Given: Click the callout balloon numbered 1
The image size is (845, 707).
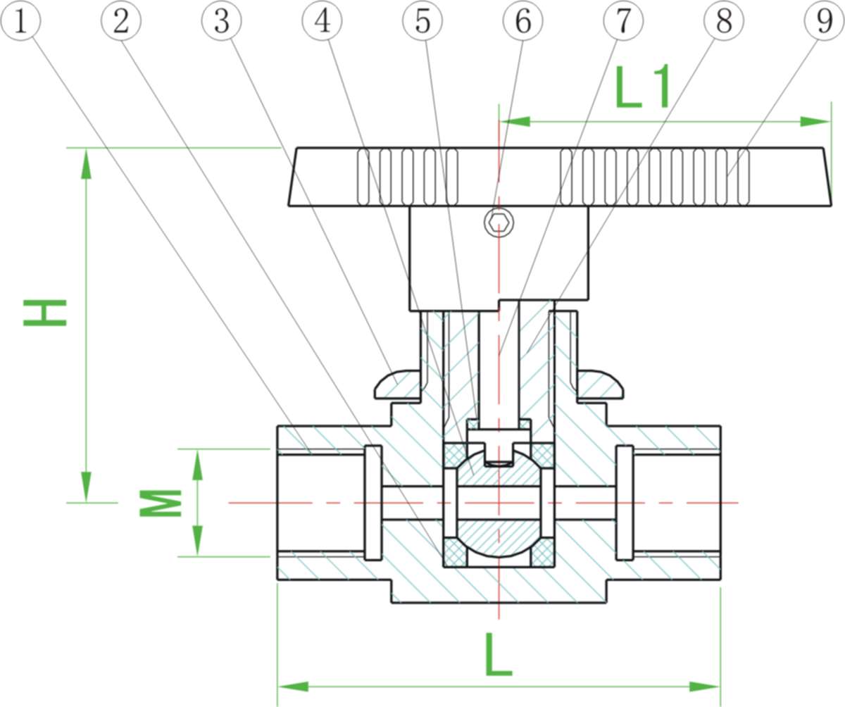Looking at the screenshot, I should coord(21,21).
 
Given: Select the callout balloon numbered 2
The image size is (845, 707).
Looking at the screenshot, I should coord(121,21).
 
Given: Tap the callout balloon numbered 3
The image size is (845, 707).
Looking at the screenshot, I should coord(222,21).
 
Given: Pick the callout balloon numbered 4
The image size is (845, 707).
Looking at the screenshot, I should coord(322,21).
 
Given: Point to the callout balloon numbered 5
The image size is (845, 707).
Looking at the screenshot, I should coord(423,21).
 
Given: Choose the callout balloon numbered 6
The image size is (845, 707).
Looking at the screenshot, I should coord(522,21).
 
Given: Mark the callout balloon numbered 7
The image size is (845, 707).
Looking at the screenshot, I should coord(623,21).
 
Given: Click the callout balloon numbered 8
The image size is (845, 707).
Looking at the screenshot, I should coord(723,21).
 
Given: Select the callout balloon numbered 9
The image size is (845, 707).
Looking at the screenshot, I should coord(824,21).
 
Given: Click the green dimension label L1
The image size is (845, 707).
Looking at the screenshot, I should coord(642,88).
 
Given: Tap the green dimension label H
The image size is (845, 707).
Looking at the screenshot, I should coord(45,313).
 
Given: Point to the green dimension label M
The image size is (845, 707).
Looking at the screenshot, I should coord(161,503).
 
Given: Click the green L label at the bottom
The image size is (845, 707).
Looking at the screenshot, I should coord(498,656).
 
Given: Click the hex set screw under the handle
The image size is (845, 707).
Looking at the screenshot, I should coord(499,223).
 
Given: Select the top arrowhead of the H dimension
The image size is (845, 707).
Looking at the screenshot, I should coord(87,163).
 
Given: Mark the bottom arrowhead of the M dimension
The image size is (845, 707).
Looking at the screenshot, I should coord(198,541).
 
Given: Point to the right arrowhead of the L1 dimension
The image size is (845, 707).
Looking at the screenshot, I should coord(815,122).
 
